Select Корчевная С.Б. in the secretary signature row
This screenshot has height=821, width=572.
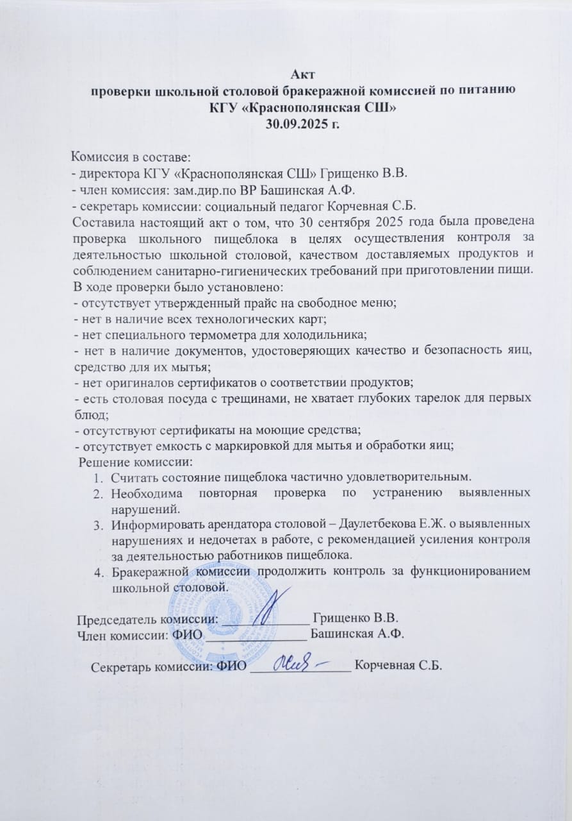(x=398, y=666)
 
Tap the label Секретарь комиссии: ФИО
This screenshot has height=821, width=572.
(x=169, y=666)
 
